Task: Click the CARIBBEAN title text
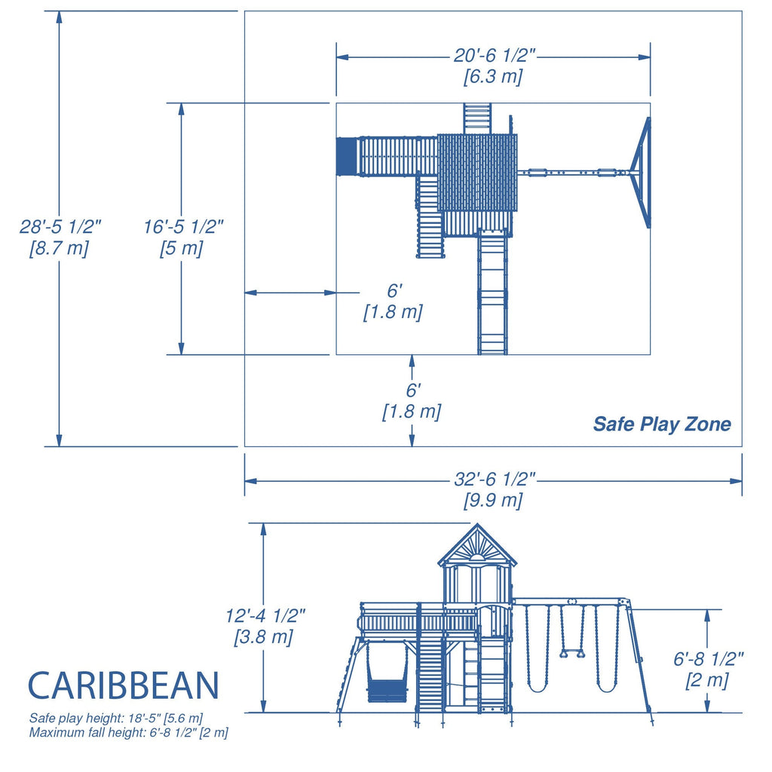click(124, 685)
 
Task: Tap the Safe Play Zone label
click(661, 424)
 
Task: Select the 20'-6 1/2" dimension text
click(494, 57)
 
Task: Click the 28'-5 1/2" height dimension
click(60, 226)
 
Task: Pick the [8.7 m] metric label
click(59, 248)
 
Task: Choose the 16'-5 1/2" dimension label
click(183, 226)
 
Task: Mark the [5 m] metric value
click(181, 248)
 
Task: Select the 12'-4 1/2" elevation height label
click(265, 615)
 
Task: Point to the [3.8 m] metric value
click(263, 636)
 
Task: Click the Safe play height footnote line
click(115, 718)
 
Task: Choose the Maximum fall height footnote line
click(128, 732)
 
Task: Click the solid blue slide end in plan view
click(345, 156)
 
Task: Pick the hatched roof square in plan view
click(476, 173)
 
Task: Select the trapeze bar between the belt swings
click(572, 654)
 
